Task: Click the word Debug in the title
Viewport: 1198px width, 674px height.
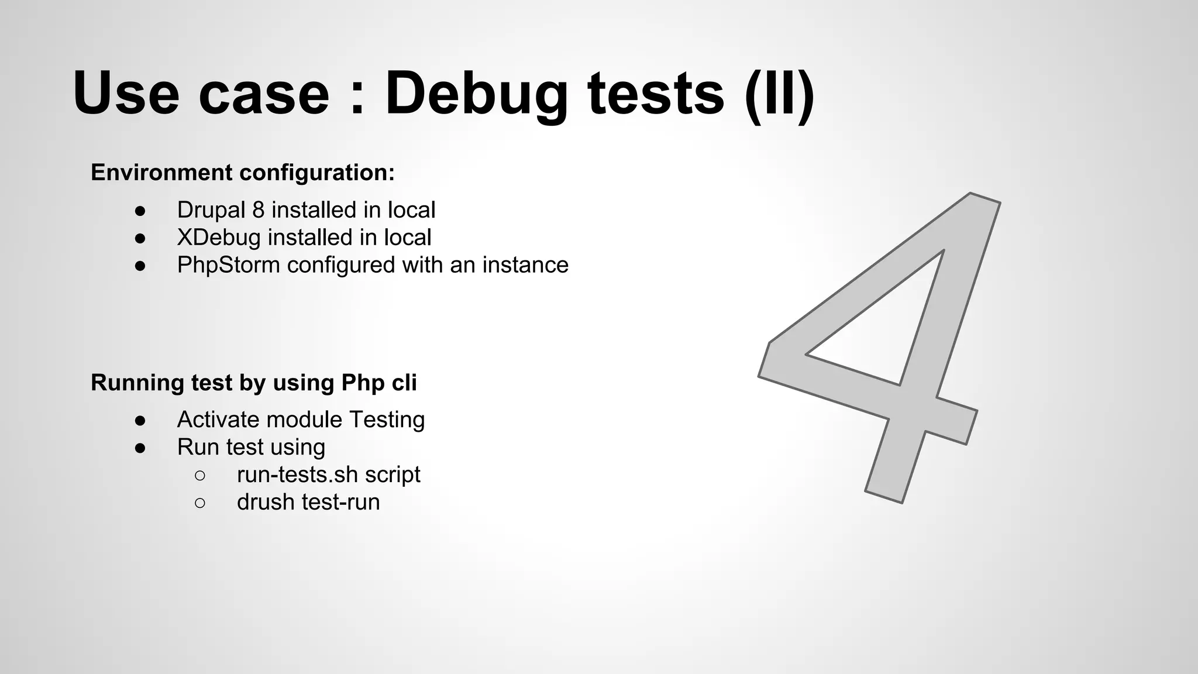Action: (x=476, y=94)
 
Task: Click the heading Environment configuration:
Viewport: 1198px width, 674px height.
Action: (x=243, y=173)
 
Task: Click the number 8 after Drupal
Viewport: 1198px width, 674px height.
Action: (x=259, y=210)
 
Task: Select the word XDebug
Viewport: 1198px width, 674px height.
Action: (x=218, y=238)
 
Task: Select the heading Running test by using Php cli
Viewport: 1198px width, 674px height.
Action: (x=253, y=383)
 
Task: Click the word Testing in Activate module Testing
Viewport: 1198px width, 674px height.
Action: (x=387, y=420)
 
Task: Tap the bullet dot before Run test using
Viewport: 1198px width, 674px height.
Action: (x=140, y=448)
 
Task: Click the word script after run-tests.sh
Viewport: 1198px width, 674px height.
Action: (x=393, y=474)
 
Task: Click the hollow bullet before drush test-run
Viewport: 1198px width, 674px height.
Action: (x=199, y=503)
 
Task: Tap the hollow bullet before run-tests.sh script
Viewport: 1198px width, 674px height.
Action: (x=199, y=475)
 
